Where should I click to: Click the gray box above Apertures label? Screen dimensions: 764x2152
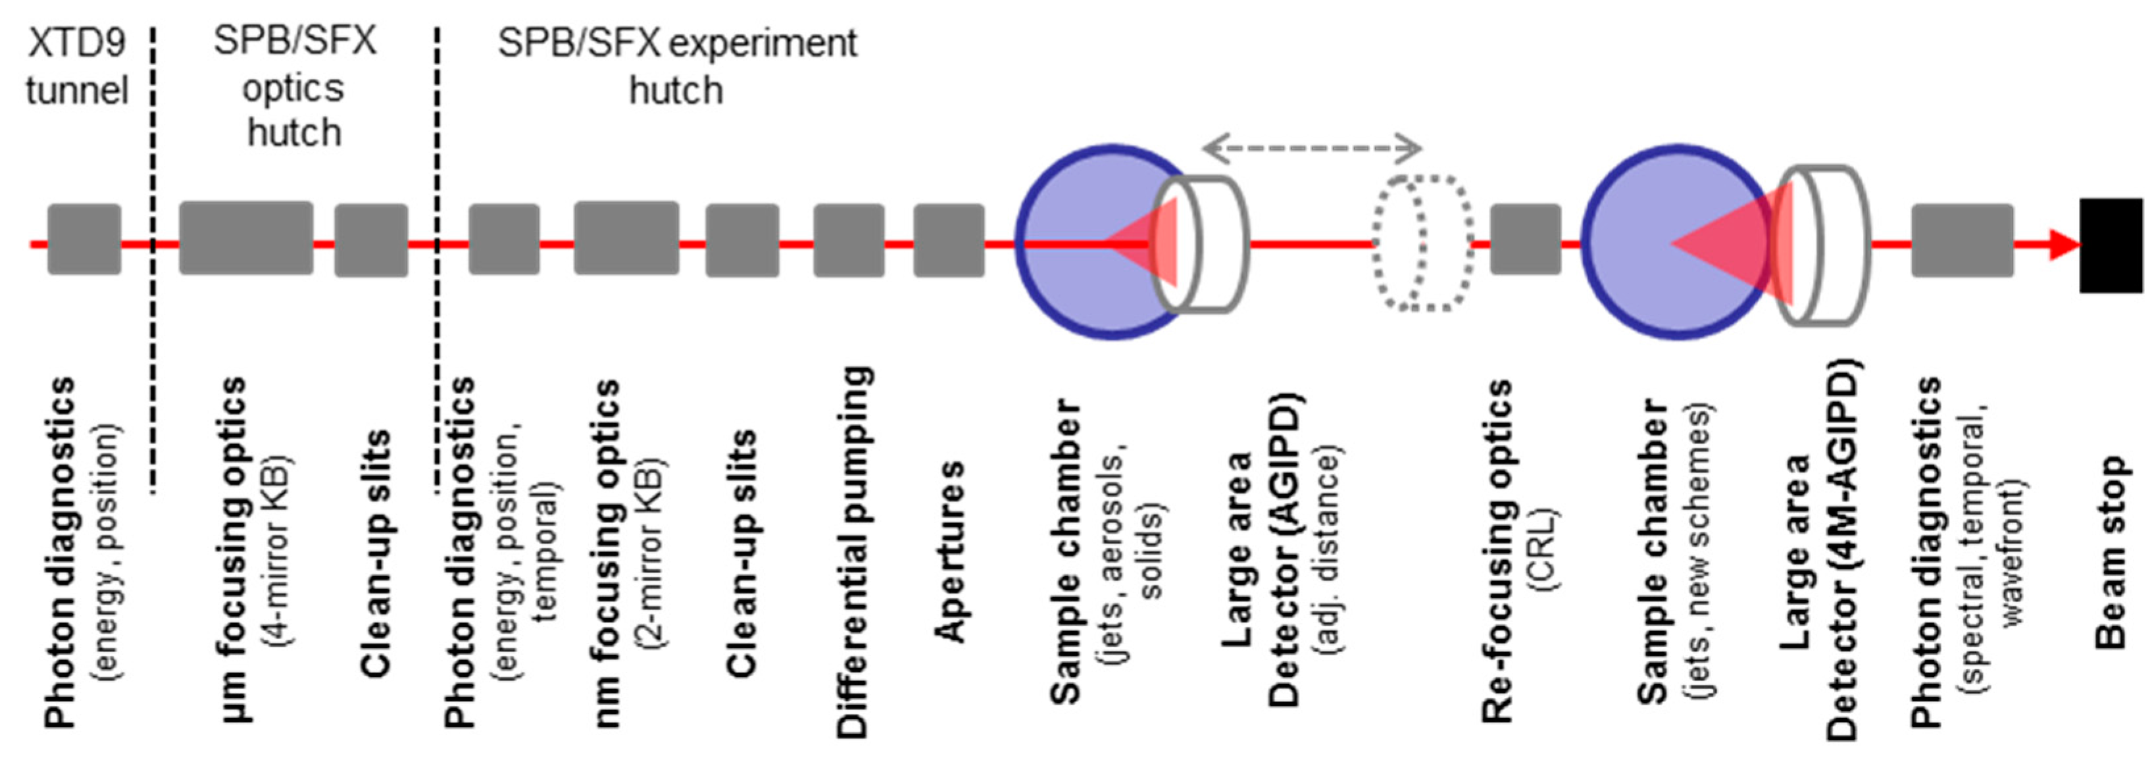[x=948, y=240]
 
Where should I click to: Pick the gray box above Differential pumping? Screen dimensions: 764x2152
[x=849, y=240]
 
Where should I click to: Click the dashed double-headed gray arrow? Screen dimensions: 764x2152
[x=1312, y=149]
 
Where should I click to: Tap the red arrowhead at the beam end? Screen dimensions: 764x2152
[x=2063, y=245]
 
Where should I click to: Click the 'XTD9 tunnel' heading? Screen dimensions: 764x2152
[x=76, y=67]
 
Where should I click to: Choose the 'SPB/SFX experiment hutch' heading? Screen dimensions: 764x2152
[x=677, y=67]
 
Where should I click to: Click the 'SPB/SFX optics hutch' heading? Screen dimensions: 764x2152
[x=294, y=87]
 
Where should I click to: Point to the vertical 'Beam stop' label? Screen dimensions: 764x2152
[x=2111, y=551]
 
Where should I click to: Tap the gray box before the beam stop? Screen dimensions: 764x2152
[x=1961, y=240]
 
